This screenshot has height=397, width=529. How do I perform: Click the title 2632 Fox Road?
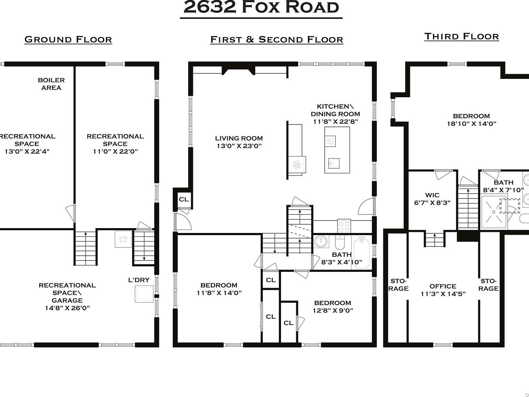pos(261,8)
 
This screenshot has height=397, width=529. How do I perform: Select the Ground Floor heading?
pos(68,39)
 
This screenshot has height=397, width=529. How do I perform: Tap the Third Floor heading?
pos(461,36)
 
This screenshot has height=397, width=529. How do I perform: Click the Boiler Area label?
pos(51,84)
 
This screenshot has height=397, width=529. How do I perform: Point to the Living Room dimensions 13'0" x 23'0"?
pos(239,146)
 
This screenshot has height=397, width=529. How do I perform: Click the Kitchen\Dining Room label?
pos(335,110)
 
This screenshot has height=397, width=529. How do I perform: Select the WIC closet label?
pos(432,195)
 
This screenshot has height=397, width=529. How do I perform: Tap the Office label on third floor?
pos(443,286)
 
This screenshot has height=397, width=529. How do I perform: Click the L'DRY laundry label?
pos(138,280)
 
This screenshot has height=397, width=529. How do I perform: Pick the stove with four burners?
pos(343,226)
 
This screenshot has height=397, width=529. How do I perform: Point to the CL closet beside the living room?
pos(184,199)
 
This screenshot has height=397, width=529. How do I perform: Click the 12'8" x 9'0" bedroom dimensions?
pos(333,310)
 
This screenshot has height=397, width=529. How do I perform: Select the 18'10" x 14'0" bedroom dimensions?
pos(471,124)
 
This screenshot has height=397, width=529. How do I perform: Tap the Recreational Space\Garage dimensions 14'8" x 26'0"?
pos(67,308)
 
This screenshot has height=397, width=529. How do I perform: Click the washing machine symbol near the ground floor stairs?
pos(123,239)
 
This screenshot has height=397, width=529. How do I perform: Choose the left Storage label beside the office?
pos(398,285)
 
